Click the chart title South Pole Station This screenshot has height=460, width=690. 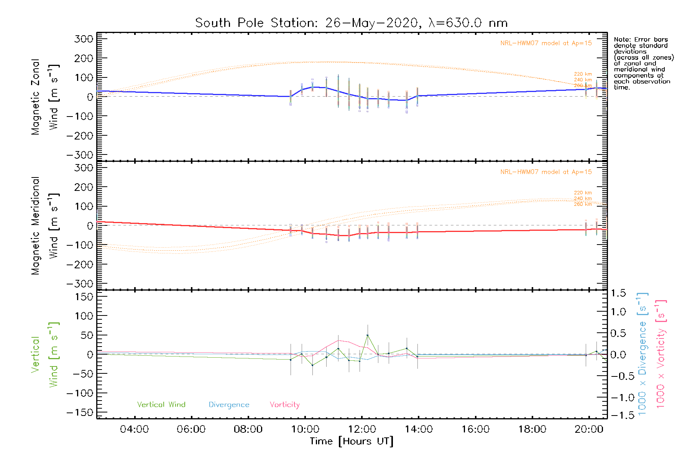351,23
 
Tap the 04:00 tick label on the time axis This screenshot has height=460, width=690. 134,429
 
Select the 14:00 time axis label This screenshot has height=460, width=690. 419,429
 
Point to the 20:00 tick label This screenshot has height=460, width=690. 589,429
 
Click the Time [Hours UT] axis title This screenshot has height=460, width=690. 351,442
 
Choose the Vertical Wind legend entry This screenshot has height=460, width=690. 161,405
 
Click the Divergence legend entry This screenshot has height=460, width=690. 229,405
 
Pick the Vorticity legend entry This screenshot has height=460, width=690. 284,405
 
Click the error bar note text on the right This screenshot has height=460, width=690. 643,63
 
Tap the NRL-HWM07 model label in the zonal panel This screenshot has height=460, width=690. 546,43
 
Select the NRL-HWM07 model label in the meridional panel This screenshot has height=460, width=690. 546,172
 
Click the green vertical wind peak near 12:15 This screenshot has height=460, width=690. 368,335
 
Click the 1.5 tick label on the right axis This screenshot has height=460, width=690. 618,293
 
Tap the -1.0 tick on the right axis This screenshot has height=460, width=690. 618,398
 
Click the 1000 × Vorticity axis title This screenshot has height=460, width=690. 661,354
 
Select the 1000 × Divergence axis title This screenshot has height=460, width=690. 642,354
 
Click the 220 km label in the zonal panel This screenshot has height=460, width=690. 583,74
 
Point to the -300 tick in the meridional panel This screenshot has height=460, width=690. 80,284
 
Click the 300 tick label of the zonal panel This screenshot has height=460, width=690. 84,39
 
